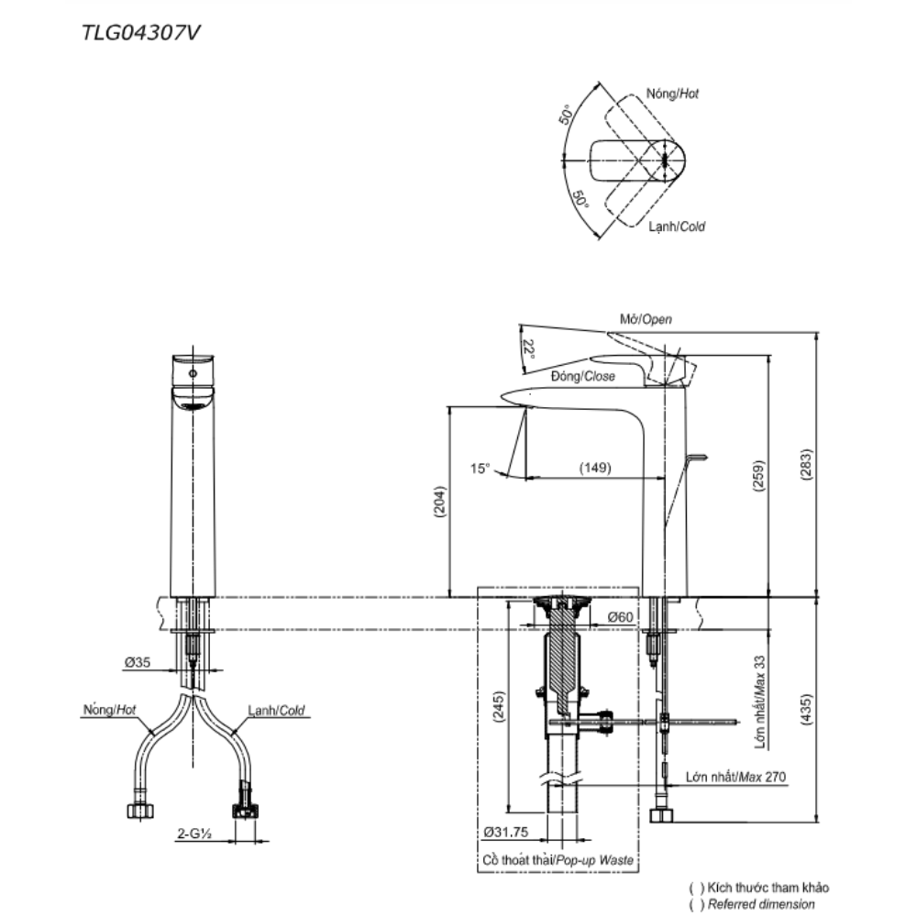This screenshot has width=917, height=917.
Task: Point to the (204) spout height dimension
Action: click(x=438, y=502)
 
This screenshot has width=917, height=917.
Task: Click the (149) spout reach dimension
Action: click(x=595, y=468)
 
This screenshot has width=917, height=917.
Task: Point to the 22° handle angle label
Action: click(x=527, y=349)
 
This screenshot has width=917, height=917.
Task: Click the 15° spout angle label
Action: click(x=481, y=468)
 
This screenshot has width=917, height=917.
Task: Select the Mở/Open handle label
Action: click(x=646, y=320)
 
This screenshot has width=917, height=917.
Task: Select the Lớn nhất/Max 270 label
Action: click(x=735, y=777)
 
